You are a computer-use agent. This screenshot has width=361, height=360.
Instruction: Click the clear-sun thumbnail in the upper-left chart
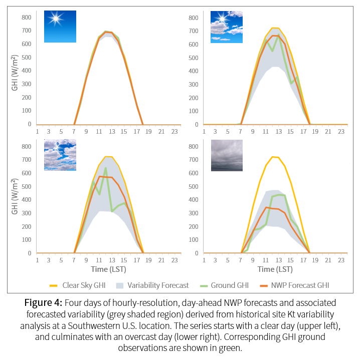coord(60,26)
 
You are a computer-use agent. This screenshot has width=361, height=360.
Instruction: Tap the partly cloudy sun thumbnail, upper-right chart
coord(226,26)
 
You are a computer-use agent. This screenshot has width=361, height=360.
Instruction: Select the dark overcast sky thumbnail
coord(227,155)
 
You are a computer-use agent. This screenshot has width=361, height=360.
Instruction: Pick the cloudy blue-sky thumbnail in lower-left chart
coord(60,155)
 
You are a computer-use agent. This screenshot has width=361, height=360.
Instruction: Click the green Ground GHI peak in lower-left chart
coord(106,168)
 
